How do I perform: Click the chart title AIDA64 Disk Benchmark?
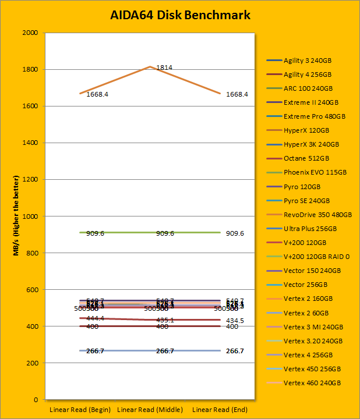180,15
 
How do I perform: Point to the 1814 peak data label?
164,68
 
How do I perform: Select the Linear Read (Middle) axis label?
150,410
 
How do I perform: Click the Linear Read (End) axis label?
220,410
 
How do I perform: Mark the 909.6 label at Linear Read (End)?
235,233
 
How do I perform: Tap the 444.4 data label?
96,319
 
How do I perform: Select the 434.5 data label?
235,321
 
